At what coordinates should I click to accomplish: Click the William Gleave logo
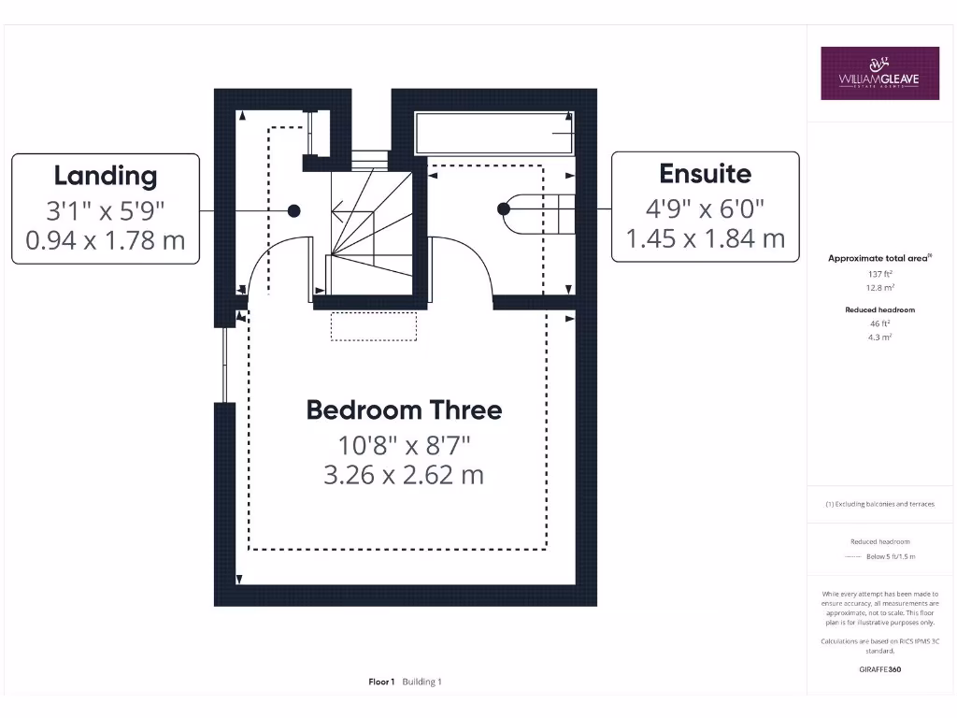(879, 73)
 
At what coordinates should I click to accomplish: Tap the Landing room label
(105, 175)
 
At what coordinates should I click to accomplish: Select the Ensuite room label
(705, 173)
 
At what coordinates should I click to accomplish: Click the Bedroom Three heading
(404, 409)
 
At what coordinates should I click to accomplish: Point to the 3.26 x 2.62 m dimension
(404, 475)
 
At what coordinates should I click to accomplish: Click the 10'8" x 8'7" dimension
(404, 443)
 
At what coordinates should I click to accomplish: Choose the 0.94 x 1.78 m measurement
(105, 240)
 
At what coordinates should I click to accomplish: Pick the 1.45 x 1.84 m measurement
(705, 238)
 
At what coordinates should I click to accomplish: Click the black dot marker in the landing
(293, 211)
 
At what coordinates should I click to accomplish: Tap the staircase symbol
(369, 224)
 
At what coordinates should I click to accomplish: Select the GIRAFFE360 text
(880, 669)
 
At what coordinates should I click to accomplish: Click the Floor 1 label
(382, 682)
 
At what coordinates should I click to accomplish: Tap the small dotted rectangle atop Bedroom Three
(373, 326)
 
